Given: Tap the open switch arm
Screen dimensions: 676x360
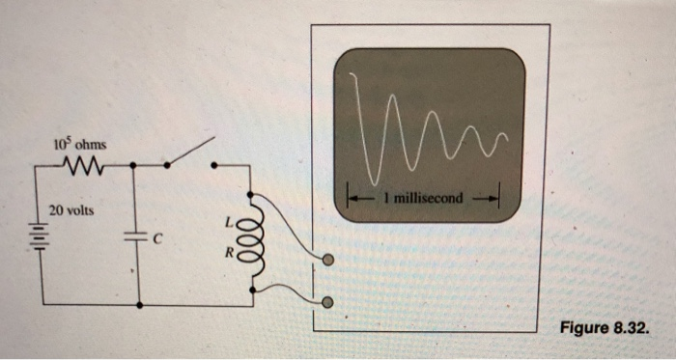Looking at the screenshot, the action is [x=189, y=152].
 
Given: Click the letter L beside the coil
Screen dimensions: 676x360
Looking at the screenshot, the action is [x=229, y=221].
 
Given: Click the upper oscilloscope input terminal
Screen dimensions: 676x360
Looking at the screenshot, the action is [x=328, y=260].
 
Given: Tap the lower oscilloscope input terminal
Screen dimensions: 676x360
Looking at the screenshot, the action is [x=328, y=302].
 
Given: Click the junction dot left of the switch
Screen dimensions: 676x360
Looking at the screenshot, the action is [x=166, y=165].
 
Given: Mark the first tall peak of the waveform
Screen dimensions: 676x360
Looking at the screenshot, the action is [x=355, y=72].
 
